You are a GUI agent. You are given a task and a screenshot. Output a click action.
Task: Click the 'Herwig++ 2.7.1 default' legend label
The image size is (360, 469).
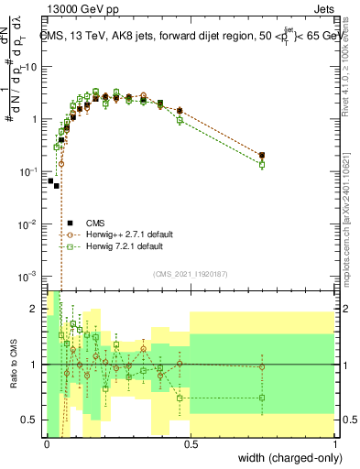click(x=124, y=234)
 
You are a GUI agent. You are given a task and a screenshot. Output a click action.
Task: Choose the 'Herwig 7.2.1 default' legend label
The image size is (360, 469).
click(x=119, y=246)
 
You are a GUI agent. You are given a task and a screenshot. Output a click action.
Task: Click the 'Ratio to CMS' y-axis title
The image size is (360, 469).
click(x=12, y=365)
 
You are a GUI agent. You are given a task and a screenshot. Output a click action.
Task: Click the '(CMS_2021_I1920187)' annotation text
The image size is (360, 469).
click(x=190, y=272)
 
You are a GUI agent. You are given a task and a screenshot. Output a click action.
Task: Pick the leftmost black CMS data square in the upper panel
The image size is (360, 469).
click(x=50, y=180)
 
